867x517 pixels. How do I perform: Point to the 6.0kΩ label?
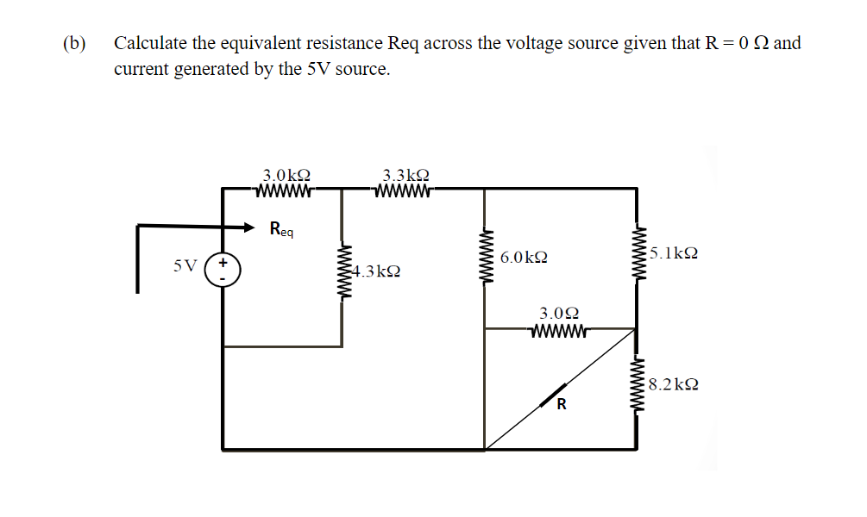pyautogui.click(x=523, y=258)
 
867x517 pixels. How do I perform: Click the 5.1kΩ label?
pyautogui.click(x=674, y=253)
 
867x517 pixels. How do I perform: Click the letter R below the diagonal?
pyautogui.click(x=561, y=405)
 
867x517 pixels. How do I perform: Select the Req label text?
pyautogui.click(x=281, y=229)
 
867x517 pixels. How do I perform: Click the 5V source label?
pyautogui.click(x=185, y=265)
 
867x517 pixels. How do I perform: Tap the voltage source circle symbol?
pyautogui.click(x=223, y=266)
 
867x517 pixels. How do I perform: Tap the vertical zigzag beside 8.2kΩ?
pyautogui.click(x=638, y=385)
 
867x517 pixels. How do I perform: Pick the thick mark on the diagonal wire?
pyautogui.click(x=553, y=396)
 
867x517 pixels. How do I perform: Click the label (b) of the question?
pyautogui.click(x=74, y=43)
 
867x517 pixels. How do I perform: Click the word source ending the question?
pyautogui.click(x=361, y=69)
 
